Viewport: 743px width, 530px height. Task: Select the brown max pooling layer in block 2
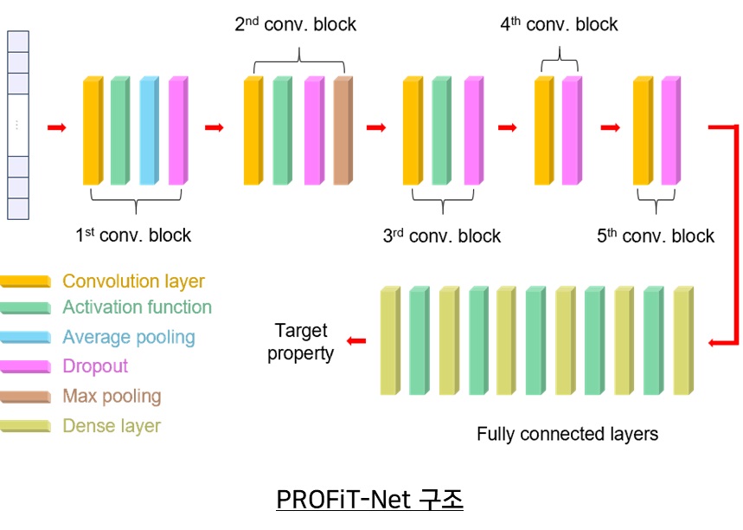point(343,131)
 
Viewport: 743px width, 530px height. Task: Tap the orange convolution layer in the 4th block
point(543,131)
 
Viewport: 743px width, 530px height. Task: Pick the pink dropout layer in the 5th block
point(669,131)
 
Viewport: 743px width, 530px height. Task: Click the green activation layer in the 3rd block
point(441,131)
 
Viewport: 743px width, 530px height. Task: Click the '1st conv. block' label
point(133,235)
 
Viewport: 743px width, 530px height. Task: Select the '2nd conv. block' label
point(295,24)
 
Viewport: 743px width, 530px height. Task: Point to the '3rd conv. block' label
point(441,236)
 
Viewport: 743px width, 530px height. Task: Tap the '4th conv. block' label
point(559,24)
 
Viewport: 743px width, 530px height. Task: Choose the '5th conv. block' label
point(656,236)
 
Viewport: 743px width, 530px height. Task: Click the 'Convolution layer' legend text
point(133,281)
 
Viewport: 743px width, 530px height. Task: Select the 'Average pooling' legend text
point(128,337)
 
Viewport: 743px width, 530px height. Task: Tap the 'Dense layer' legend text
point(112,425)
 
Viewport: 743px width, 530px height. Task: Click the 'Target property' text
point(300,342)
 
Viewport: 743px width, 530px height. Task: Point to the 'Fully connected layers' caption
point(567,434)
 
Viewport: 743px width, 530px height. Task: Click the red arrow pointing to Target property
point(355,340)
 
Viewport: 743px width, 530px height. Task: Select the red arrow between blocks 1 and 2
point(214,128)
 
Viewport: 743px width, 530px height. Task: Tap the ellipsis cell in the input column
point(17,125)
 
